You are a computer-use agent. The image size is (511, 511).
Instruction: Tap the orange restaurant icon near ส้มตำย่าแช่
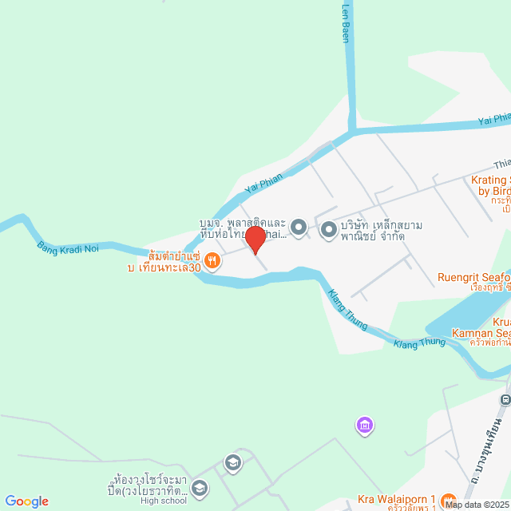212,259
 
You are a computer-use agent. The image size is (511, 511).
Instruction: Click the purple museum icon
365,426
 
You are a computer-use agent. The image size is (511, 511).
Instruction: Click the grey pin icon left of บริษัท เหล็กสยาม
328,230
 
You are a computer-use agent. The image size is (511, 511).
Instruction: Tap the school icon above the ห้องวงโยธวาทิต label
232,461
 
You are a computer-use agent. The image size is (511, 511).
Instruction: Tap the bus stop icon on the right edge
505,398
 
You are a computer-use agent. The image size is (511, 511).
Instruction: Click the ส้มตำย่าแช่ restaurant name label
163,257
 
